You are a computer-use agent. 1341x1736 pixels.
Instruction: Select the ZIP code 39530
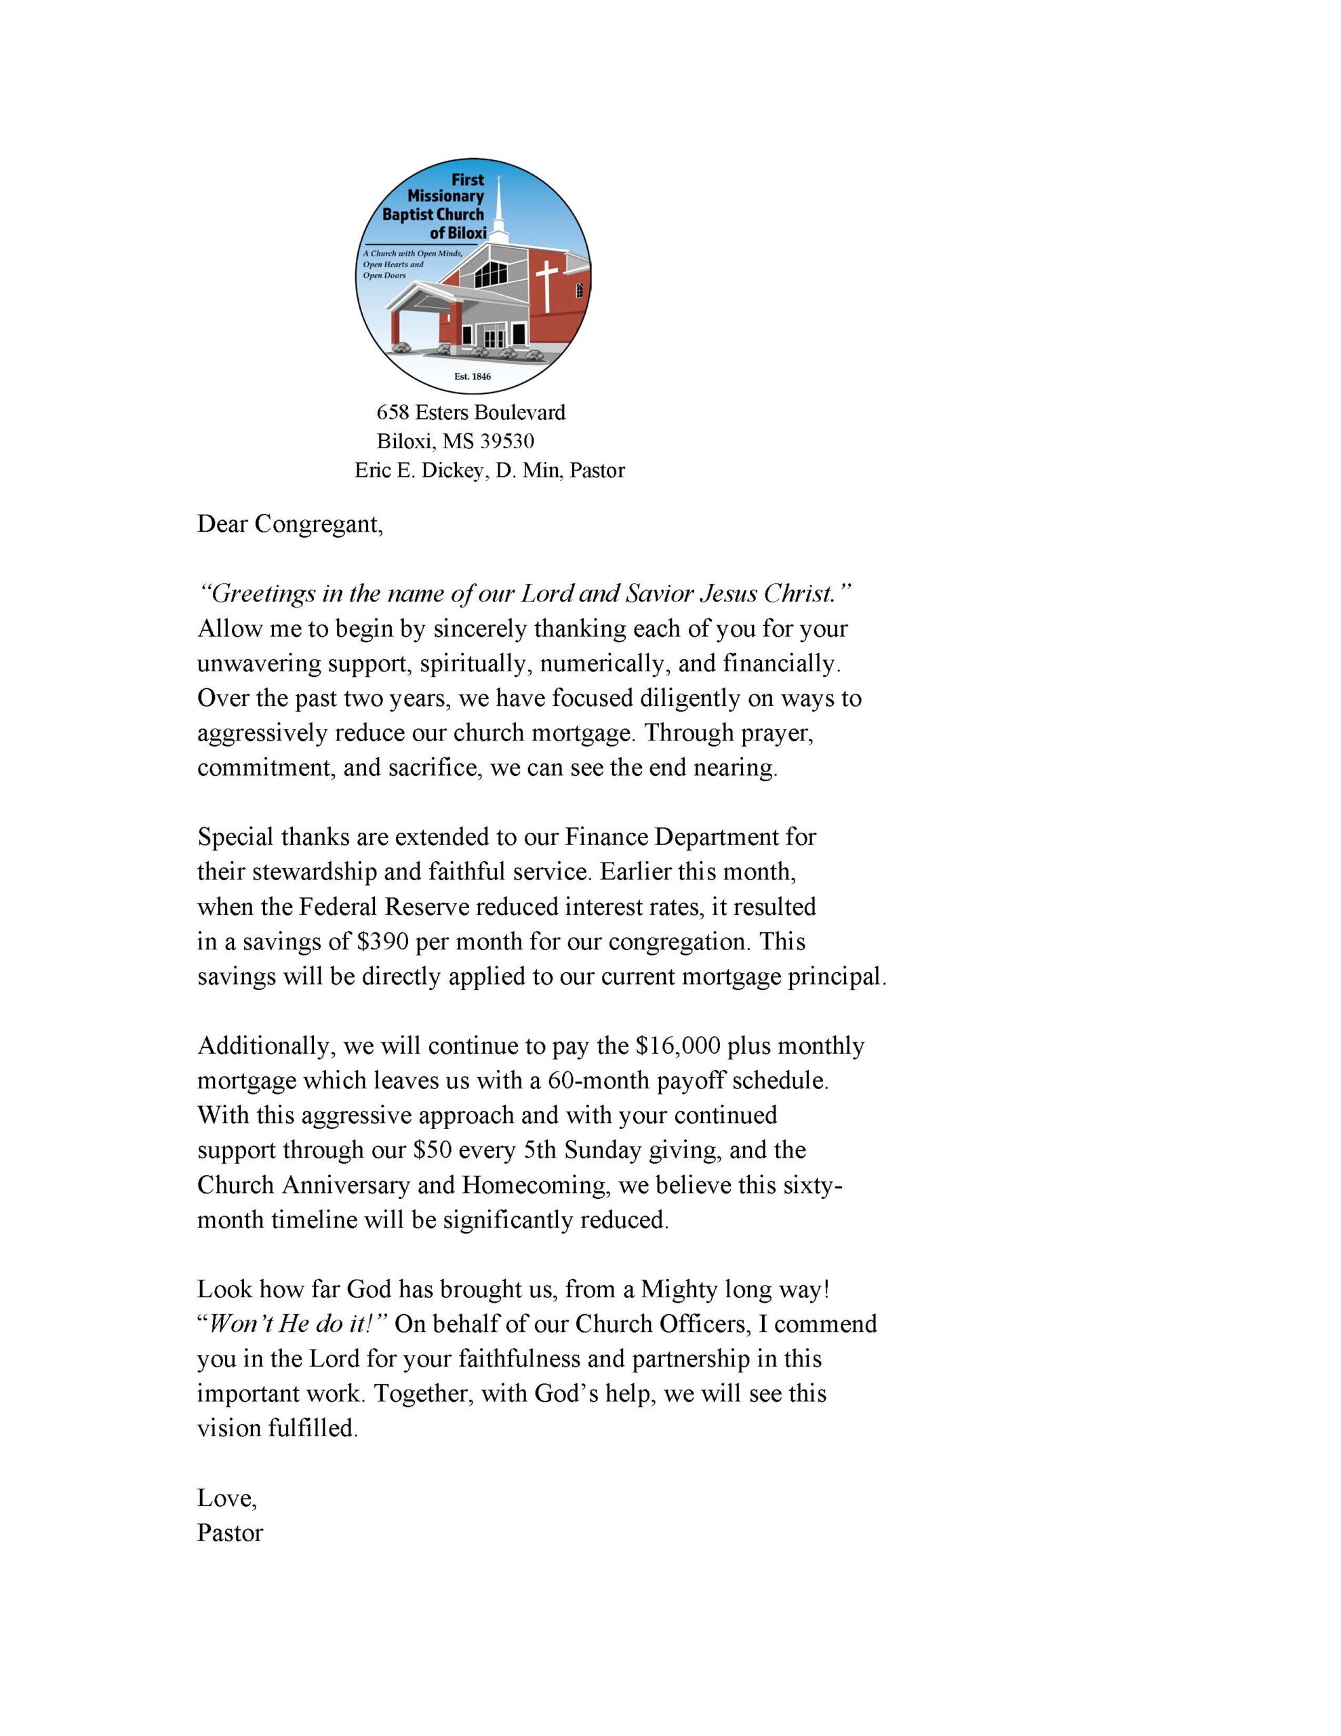pos(506,441)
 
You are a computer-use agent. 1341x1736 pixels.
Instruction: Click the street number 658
pos(393,412)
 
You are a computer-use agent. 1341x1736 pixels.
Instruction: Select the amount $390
pos(383,942)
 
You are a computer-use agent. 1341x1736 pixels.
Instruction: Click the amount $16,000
pos(673,1046)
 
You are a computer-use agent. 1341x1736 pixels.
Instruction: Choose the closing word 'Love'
pos(225,1499)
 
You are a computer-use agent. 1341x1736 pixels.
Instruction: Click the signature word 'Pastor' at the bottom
pos(230,1533)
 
